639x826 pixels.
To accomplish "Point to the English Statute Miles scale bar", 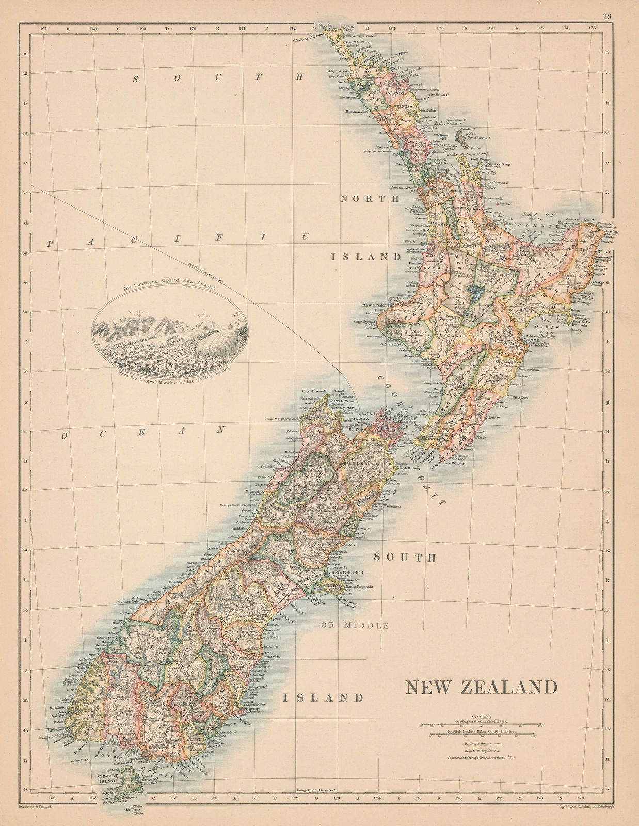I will click(482, 734).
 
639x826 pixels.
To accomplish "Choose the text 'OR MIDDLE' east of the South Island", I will click(362, 626).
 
